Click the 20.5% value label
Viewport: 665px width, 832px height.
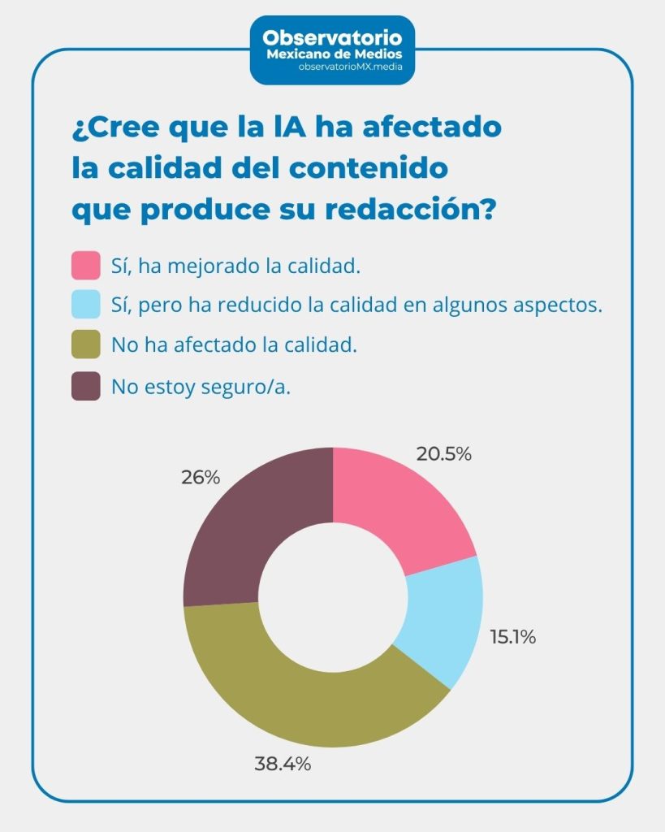(x=443, y=454)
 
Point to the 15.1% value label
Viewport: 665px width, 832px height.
(x=512, y=637)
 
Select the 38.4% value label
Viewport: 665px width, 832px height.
(x=283, y=764)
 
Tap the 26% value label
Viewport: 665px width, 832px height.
(x=200, y=478)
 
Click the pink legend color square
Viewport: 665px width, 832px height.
(x=86, y=266)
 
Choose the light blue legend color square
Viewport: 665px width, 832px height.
(x=86, y=305)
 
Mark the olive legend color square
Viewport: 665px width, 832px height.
(x=86, y=344)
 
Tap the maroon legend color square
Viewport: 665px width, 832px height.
(x=86, y=387)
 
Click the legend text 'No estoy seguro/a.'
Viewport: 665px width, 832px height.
(x=201, y=388)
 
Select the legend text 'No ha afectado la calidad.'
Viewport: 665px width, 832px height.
(x=234, y=345)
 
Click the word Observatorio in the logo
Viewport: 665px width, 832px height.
(x=332, y=37)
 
